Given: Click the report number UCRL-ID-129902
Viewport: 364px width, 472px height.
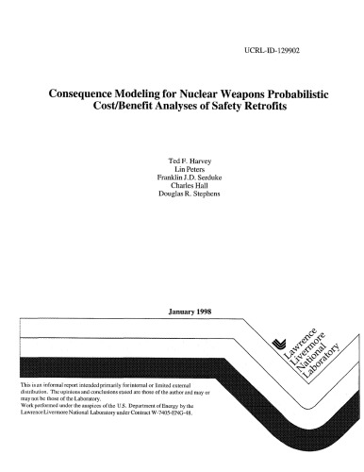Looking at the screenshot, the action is click(277, 45).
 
